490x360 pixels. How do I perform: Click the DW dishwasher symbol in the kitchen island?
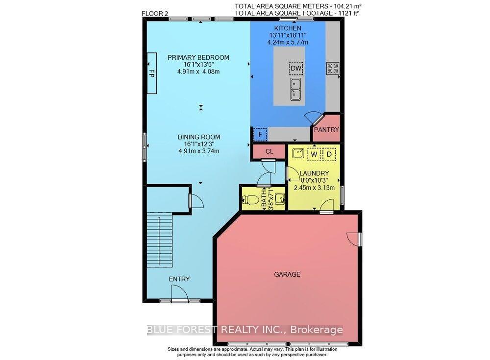[x=295, y=69]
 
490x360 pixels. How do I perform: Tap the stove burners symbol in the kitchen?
[x=333, y=69]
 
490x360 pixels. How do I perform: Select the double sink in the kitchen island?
[x=295, y=89]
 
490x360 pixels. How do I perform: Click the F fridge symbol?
[x=260, y=135]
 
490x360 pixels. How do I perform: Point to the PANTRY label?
[x=326, y=130]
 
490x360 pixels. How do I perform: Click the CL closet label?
[x=269, y=151]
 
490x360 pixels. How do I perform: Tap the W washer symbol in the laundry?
[x=314, y=154]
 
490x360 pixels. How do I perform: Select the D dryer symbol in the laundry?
[x=329, y=154]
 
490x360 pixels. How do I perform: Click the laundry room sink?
[x=298, y=153]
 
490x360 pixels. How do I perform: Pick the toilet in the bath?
[x=250, y=199]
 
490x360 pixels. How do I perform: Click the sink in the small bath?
[x=280, y=198]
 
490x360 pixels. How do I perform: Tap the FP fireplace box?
[x=152, y=73]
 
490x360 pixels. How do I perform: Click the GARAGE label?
[x=287, y=274]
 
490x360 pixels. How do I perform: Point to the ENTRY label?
[x=179, y=279]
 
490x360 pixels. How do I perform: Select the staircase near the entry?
[x=159, y=240]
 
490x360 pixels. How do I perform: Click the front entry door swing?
[x=180, y=293]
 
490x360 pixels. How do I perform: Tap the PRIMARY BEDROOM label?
[x=198, y=57]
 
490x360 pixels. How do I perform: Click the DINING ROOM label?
[x=199, y=137]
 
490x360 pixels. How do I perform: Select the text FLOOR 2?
[x=155, y=13]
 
